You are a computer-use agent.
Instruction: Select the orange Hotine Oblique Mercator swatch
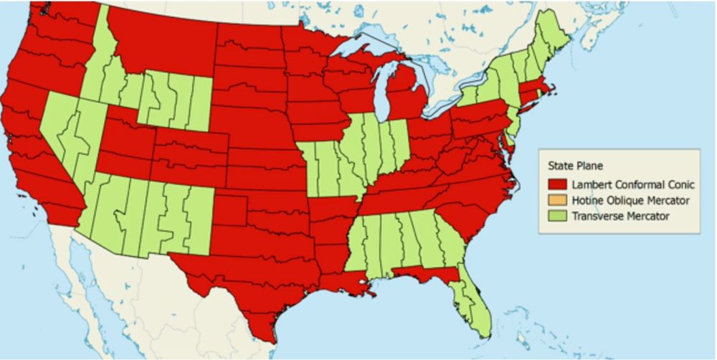click(x=557, y=200)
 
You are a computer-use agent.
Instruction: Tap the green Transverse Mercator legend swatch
click(x=557, y=215)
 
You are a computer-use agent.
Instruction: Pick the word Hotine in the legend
click(x=586, y=200)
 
